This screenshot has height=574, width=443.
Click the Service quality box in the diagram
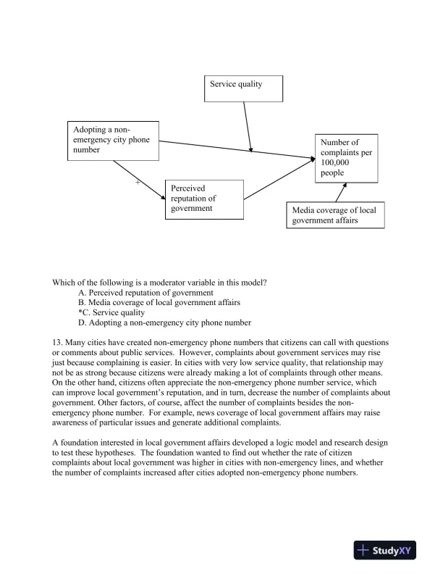click(x=244, y=88)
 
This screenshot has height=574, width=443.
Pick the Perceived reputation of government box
click(x=203, y=199)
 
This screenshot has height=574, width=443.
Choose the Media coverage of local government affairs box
click(x=334, y=215)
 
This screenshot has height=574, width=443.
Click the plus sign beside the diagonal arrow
click(x=138, y=183)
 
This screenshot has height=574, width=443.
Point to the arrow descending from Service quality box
click(x=248, y=127)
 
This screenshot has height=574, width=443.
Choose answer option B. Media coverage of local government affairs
click(x=159, y=302)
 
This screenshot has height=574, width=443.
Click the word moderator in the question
click(x=180, y=282)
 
